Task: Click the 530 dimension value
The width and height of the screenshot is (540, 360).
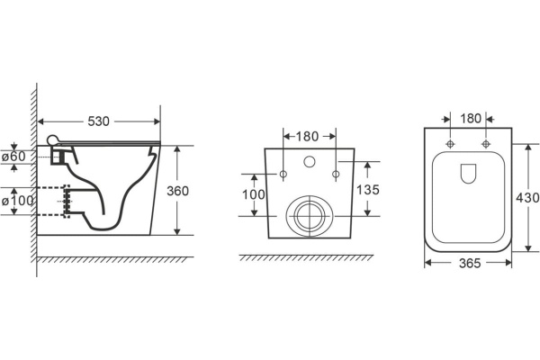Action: tap(98, 121)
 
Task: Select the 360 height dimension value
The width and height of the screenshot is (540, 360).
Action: tap(177, 191)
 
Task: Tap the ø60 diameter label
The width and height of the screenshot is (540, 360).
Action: tap(13, 157)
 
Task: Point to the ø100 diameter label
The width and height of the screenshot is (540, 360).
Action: tap(18, 201)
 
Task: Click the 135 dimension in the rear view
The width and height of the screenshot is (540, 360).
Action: tap(367, 190)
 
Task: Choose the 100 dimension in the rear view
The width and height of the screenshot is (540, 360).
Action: tap(254, 194)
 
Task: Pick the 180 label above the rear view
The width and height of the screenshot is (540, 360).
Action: tap(307, 137)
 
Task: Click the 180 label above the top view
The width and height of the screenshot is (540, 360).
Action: tap(471, 119)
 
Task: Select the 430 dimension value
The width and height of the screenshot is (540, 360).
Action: tap(527, 198)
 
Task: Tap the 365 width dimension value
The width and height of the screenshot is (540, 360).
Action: tap(470, 263)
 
